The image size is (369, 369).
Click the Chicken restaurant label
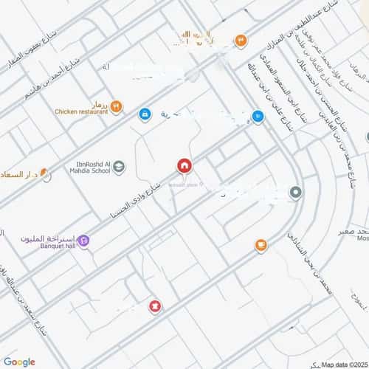point(80,112)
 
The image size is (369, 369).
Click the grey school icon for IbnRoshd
point(119,168)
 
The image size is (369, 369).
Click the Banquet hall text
point(50,246)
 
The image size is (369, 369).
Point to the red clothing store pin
point(155,306)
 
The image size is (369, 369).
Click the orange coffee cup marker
point(261,245)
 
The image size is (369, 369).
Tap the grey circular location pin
point(295,193)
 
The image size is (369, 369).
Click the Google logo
point(19,361)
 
